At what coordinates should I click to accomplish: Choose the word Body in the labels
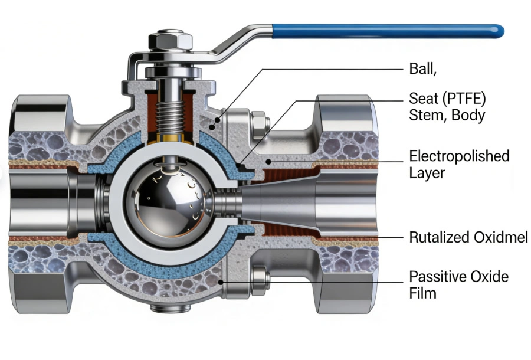(x=468, y=115)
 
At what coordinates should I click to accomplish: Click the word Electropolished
(x=459, y=156)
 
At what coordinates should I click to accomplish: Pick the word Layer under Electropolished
(x=428, y=173)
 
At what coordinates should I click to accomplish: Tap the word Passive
(x=434, y=276)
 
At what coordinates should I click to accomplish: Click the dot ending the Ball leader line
(x=218, y=121)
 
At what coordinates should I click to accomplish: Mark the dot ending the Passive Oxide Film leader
(x=221, y=283)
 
